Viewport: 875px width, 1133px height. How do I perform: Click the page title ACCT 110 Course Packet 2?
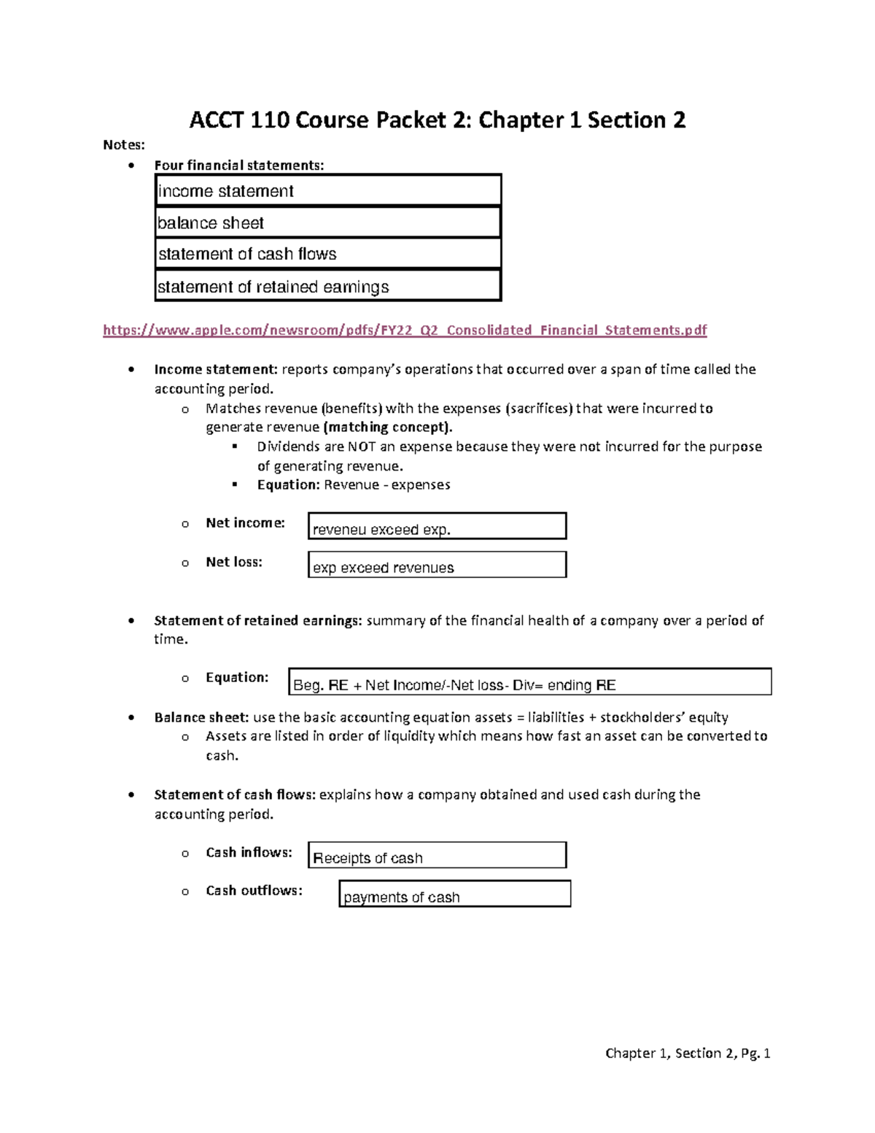coord(437,120)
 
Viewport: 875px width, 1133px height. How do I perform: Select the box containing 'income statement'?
coord(328,191)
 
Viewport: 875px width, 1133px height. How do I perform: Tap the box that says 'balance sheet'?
coord(328,223)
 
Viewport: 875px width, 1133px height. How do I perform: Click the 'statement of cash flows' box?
coord(328,254)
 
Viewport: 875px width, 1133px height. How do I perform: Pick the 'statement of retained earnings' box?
coord(328,286)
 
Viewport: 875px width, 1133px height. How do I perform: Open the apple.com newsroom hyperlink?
coord(405,330)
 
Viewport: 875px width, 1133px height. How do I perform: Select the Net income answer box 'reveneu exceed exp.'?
coord(437,527)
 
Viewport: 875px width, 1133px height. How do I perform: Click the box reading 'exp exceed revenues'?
coord(437,565)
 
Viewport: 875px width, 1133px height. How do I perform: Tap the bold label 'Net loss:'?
coord(233,562)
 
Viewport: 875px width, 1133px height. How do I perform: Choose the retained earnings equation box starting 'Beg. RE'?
coord(530,682)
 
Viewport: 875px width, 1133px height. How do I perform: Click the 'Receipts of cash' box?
coord(437,856)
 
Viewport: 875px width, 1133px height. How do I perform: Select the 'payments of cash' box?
coord(454,894)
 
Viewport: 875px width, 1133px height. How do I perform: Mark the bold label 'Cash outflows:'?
coord(254,891)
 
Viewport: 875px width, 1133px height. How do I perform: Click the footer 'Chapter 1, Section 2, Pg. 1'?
coord(688,1053)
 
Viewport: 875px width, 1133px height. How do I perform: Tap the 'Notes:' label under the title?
coord(124,145)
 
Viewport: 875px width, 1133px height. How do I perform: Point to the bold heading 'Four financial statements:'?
coord(239,166)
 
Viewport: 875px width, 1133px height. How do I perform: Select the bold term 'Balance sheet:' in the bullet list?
coord(201,717)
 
